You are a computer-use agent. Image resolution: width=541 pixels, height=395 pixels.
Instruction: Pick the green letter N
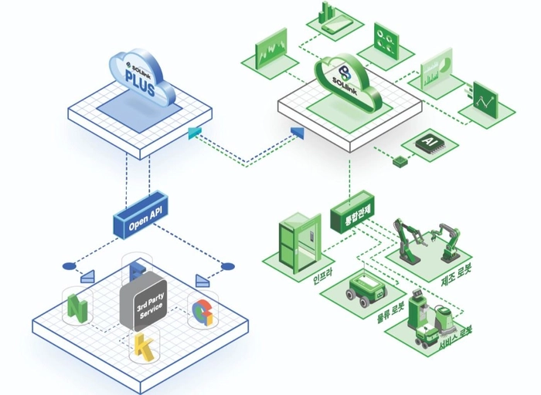pyautogui.click(x=77, y=306)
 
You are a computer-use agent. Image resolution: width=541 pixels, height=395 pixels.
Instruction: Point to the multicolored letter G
pyautogui.click(x=202, y=312)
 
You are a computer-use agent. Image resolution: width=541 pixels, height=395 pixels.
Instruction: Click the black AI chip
pyautogui.click(x=425, y=143)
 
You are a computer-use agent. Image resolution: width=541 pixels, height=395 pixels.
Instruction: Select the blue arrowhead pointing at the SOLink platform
pyautogui.click(x=298, y=133)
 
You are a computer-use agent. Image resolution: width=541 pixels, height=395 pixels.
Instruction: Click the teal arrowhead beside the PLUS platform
pyautogui.click(x=194, y=133)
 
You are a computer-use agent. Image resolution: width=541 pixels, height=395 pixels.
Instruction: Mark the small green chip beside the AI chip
pyautogui.click(x=400, y=160)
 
